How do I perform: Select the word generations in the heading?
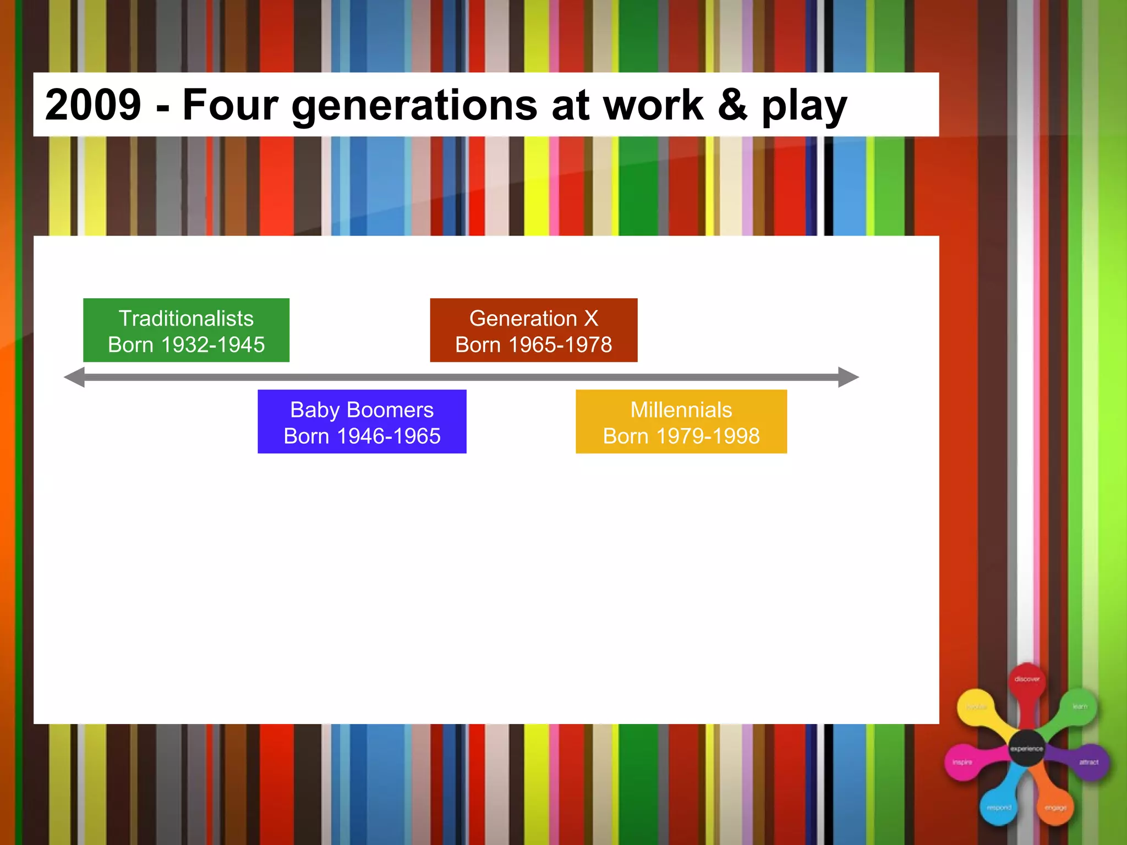(x=414, y=106)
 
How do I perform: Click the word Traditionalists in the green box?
(x=186, y=319)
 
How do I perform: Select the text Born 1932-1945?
(x=186, y=345)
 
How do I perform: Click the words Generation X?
(x=533, y=319)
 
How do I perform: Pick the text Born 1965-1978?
(x=533, y=345)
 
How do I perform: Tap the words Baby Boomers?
(x=362, y=410)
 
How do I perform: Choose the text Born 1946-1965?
(x=362, y=436)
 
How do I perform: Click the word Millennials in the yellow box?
(x=681, y=410)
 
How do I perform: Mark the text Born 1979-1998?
(x=681, y=436)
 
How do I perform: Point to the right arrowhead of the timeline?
(x=848, y=377)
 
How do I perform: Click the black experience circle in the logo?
(x=1027, y=748)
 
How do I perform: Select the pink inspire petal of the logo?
(x=962, y=762)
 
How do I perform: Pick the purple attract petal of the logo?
(x=1089, y=762)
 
